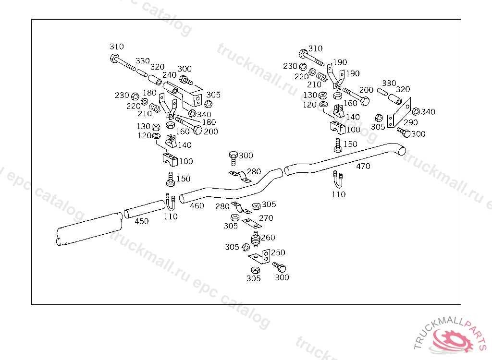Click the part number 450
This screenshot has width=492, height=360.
coord(141,221)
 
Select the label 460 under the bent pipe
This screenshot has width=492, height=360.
coord(197,206)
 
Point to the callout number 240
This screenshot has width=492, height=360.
coord(169,75)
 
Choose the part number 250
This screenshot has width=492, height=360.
coord(278,252)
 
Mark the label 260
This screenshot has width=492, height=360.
coord(268,238)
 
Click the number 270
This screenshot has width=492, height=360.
coord(266,218)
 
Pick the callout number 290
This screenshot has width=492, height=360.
coord(410,122)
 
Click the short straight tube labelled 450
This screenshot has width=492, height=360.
coord(144,209)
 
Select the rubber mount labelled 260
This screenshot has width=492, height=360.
coord(256,238)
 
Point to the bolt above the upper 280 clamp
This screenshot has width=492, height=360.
coord(234,157)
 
